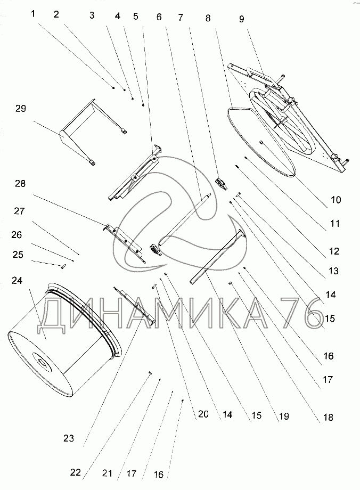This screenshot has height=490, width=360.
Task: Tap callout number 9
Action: tap(241, 19)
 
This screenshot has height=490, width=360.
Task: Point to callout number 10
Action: tap(336, 200)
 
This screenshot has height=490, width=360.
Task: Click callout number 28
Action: tap(20, 184)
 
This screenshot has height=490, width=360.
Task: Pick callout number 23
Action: tap(68, 439)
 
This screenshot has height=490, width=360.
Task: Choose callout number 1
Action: tap(34, 14)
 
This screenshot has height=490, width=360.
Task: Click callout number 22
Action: tap(76, 472)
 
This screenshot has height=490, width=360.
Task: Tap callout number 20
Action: tap(203, 414)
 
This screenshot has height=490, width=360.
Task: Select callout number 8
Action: tap(208, 17)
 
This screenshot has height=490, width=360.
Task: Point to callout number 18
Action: tap(328, 418)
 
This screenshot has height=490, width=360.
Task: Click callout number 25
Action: tap(18, 255)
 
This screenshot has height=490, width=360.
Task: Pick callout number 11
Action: tap(334, 224)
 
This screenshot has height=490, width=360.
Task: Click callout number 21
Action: tap(108, 473)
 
